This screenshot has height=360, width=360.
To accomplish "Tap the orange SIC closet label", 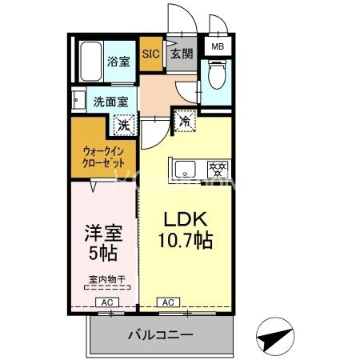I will click(x=150, y=54).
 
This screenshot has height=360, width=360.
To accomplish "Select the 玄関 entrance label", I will click(x=182, y=54).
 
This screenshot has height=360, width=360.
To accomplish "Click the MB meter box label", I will click(x=217, y=47).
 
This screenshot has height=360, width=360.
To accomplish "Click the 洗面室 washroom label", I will click(x=110, y=102).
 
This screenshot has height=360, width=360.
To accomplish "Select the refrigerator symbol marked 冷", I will click(x=184, y=122).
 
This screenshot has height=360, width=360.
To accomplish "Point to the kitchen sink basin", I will click(x=185, y=170).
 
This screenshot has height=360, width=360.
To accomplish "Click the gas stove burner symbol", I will click(x=217, y=170).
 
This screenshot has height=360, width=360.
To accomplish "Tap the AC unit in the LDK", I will click(x=168, y=302).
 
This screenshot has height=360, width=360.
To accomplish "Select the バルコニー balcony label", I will click(x=161, y=334).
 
